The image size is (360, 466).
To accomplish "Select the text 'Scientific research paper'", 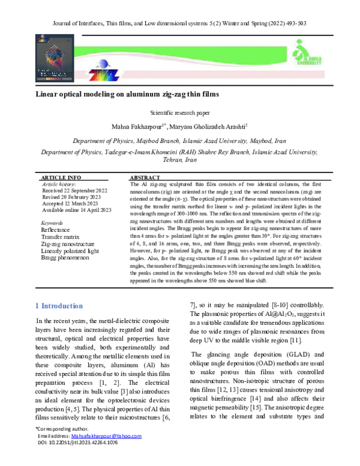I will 179,112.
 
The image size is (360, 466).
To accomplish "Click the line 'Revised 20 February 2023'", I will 73,198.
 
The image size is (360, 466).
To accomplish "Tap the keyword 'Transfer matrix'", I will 61,237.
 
